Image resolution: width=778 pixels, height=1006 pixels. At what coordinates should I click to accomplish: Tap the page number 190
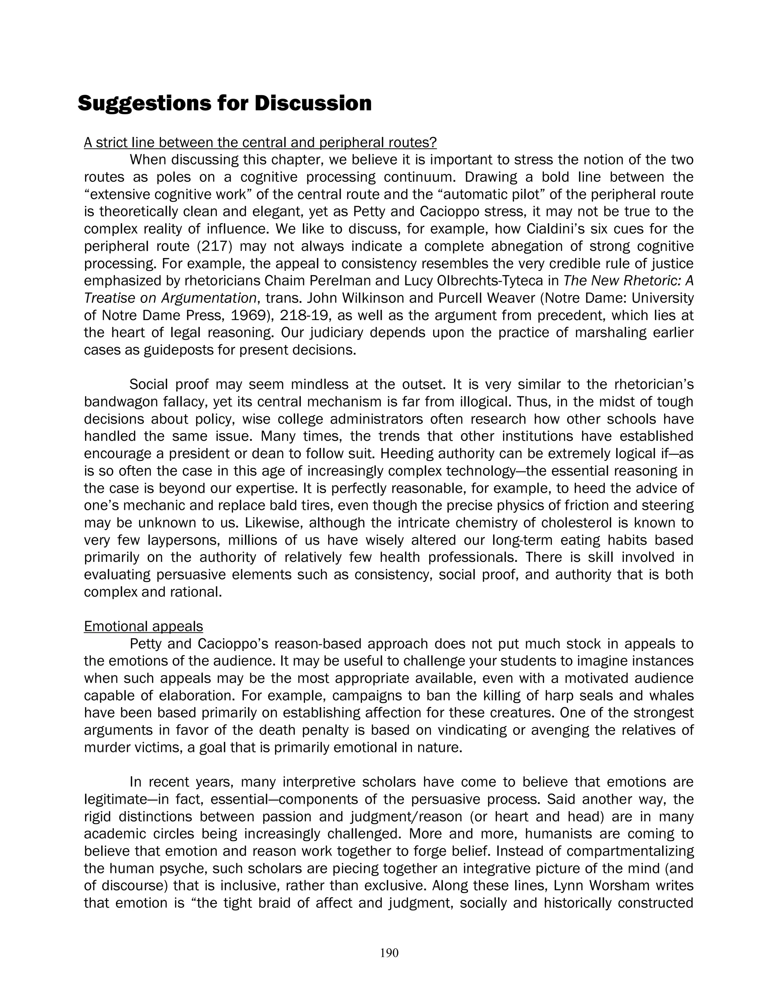pos(389,953)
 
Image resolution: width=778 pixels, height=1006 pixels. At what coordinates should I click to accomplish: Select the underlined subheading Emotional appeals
pos(143,626)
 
